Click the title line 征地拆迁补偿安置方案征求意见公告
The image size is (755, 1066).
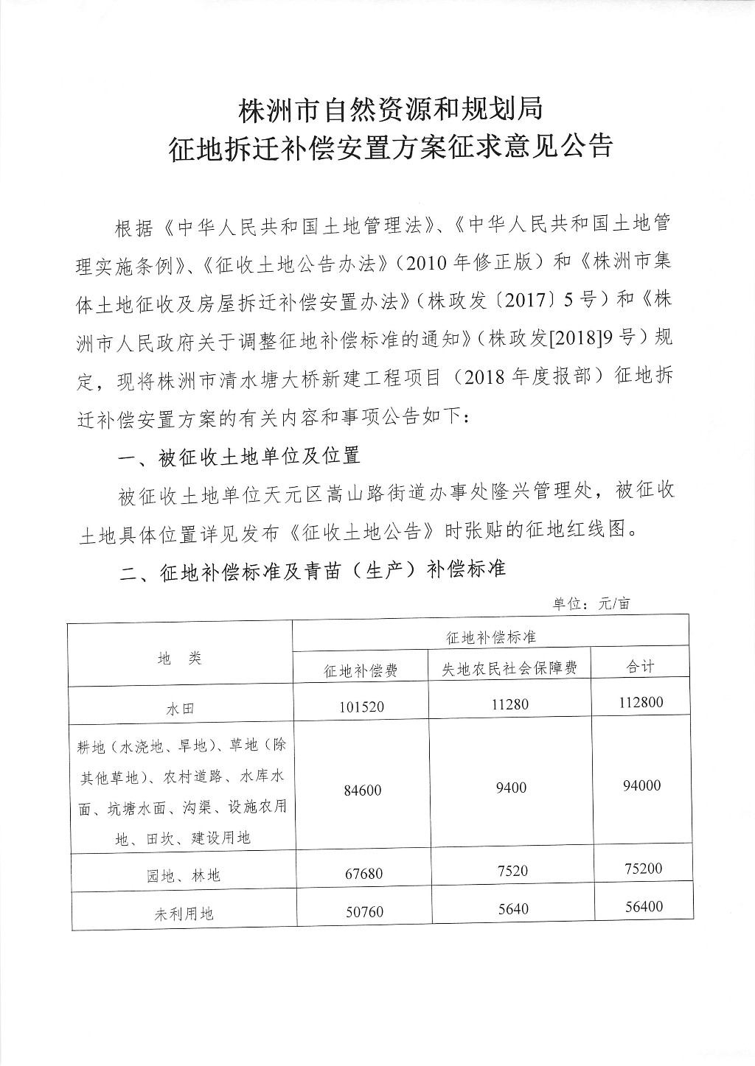point(391,147)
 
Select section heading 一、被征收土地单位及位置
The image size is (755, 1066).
point(240,456)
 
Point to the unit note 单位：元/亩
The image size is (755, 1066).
point(592,604)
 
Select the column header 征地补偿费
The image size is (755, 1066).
point(361,670)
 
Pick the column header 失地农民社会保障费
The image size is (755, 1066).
point(509,667)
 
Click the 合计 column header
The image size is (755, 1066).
point(640,666)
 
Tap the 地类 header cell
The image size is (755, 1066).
point(180,658)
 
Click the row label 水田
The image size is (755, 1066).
point(180,709)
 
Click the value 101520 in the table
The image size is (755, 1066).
point(362,707)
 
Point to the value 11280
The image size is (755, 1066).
point(509,704)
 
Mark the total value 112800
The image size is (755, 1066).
point(641,702)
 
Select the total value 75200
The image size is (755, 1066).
point(641,868)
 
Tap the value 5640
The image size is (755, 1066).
point(510,909)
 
